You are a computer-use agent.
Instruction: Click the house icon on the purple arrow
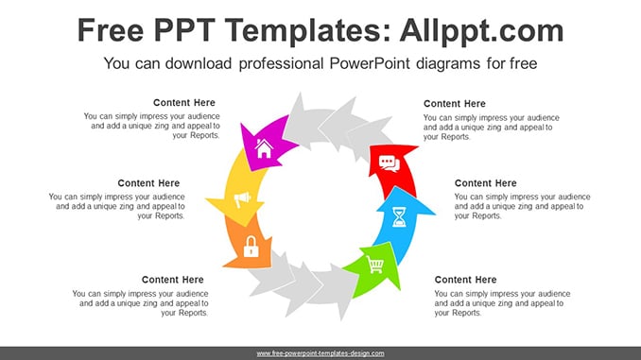pyautogui.click(x=264, y=148)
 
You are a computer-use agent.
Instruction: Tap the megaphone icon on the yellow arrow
pyautogui.click(x=242, y=199)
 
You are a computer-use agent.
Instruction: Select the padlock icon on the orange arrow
pyautogui.click(x=251, y=247)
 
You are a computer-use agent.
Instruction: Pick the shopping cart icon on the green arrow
pyautogui.click(x=375, y=265)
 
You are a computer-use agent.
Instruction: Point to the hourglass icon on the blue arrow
pyautogui.click(x=399, y=216)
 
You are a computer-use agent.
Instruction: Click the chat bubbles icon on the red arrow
pyautogui.click(x=389, y=163)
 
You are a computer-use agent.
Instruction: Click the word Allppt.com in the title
pyautogui.click(x=481, y=30)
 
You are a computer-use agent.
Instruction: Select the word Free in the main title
pyautogui.click(x=111, y=30)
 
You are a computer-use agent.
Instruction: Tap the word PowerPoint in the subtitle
pyautogui.click(x=370, y=63)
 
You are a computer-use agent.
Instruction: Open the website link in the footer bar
pyautogui.click(x=320, y=353)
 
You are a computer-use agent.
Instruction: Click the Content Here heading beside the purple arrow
pyautogui.click(x=184, y=103)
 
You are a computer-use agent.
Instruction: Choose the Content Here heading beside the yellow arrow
pyautogui.click(x=148, y=183)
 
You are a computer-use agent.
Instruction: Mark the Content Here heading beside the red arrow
pyautogui.click(x=455, y=104)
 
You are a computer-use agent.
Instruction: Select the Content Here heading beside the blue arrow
pyautogui.click(x=486, y=183)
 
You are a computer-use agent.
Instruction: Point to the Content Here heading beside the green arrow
pyautogui.click(x=466, y=280)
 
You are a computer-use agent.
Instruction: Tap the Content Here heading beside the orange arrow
pyautogui.click(x=172, y=280)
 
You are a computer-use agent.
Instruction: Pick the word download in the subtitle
pyautogui.click(x=199, y=63)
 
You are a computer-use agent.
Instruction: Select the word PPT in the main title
pyautogui.click(x=184, y=30)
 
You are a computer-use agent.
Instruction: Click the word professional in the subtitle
pyautogui.click(x=281, y=63)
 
